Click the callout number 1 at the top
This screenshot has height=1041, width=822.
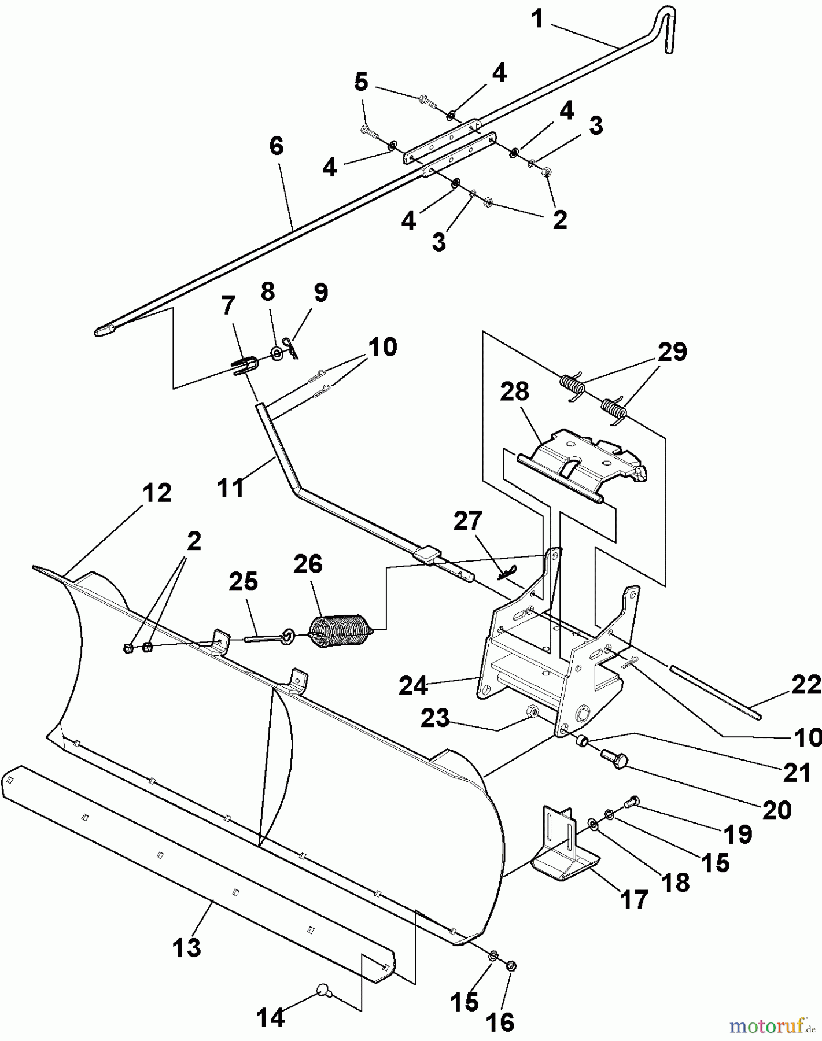[537, 19]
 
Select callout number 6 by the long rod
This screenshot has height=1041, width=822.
[277, 146]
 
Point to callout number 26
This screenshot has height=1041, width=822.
[308, 563]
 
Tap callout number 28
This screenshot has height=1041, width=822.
[515, 392]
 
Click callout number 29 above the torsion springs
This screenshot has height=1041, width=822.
[672, 352]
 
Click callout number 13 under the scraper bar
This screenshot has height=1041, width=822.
[187, 948]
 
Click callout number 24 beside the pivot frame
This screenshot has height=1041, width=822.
[413, 686]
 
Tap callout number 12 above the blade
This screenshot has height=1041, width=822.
[158, 493]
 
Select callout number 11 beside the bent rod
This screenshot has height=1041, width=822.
[230, 487]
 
